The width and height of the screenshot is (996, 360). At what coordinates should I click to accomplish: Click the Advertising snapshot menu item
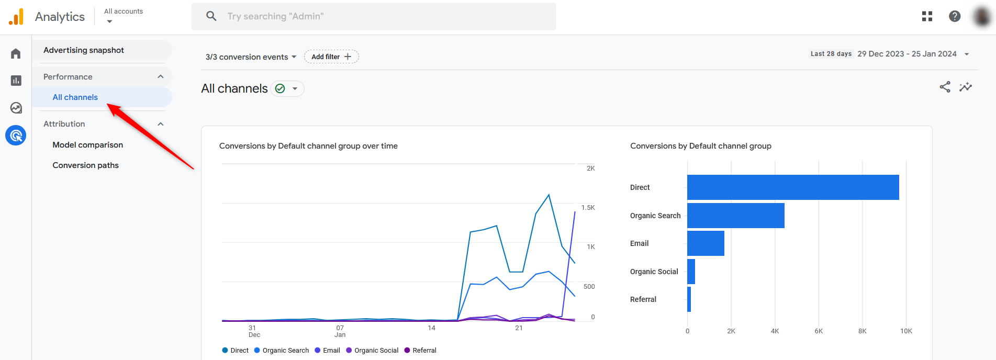tap(84, 50)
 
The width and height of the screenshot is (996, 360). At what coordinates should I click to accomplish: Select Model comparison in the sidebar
tap(88, 145)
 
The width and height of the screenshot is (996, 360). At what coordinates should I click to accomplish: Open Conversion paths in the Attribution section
tap(86, 165)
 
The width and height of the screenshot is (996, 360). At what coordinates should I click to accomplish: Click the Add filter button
tap(331, 57)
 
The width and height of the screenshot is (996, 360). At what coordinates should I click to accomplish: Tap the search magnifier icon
tap(211, 16)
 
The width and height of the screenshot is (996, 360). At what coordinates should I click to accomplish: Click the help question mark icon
tap(955, 16)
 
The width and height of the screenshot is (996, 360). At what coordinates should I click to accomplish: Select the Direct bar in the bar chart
tap(792, 187)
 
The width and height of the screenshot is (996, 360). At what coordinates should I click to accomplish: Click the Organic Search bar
tap(735, 216)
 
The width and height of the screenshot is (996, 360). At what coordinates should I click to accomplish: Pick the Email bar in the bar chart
tap(706, 243)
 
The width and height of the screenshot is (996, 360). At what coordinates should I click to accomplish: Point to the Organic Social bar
tap(691, 272)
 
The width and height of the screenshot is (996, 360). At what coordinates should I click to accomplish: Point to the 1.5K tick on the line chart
tap(588, 208)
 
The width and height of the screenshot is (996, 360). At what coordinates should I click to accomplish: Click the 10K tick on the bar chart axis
tap(906, 331)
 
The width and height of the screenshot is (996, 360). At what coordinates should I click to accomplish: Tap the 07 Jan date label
tap(340, 331)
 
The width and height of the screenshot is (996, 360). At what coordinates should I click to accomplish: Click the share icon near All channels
tap(945, 87)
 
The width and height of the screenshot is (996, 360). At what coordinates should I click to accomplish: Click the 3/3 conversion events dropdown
tap(251, 57)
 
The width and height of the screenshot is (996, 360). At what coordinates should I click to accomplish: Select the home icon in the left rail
tap(16, 54)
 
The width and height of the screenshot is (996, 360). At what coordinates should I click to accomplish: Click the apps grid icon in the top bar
tap(927, 16)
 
